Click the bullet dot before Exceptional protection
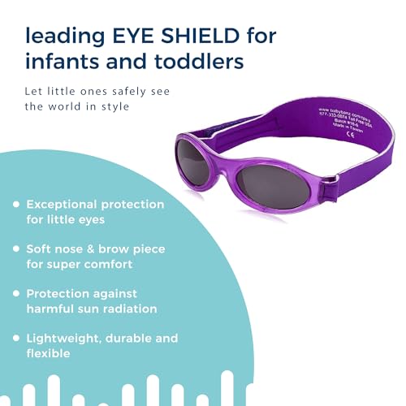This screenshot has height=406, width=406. pyautogui.click(x=15, y=205)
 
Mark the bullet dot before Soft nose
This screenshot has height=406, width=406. pyautogui.click(x=15, y=248)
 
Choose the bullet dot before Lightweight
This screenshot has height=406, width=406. pyautogui.click(x=15, y=337)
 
